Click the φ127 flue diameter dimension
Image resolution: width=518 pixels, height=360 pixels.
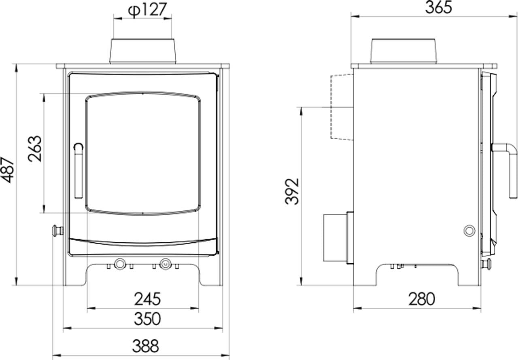147,10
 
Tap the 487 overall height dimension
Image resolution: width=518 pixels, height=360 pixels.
8,170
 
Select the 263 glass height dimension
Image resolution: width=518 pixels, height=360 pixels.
35,148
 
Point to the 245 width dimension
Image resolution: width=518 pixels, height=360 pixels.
147,299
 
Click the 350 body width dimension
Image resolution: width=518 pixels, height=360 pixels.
147,319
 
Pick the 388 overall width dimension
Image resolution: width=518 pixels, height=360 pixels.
146,346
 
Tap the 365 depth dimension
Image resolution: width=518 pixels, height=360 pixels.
438,7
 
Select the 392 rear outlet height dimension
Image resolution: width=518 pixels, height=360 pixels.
292,191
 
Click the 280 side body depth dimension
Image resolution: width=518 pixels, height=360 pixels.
422,299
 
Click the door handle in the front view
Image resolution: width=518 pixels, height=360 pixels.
79,171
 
